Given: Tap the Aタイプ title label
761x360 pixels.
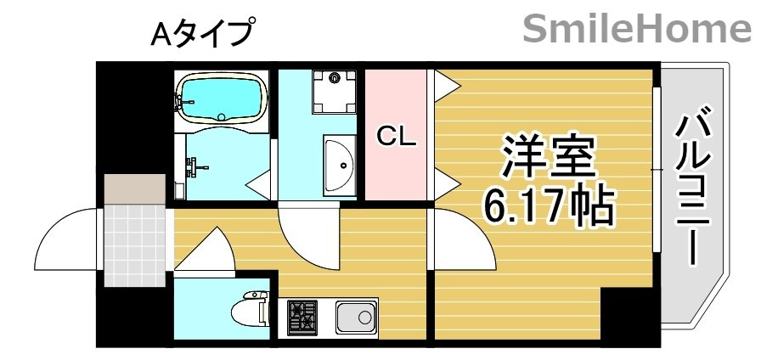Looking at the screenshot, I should (202, 34).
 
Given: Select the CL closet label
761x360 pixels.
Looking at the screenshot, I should (396, 136).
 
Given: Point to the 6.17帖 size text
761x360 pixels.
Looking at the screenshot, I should (548, 206).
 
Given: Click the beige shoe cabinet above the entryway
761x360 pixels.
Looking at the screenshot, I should (134, 188).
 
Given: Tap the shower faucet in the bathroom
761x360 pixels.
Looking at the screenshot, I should (197, 166).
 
